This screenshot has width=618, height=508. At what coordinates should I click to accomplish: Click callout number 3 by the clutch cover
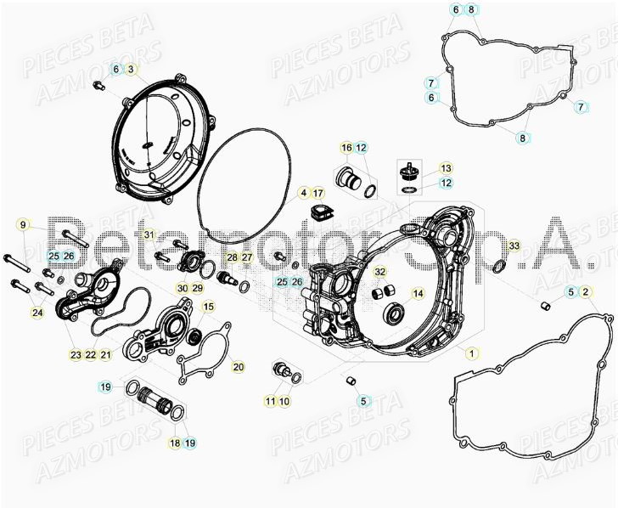click(132, 69)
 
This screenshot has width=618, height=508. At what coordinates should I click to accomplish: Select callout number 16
click(346, 149)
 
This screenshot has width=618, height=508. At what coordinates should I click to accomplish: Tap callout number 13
click(446, 168)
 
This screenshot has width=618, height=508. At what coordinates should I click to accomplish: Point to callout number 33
click(513, 246)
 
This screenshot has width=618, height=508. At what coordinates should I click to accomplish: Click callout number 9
click(24, 225)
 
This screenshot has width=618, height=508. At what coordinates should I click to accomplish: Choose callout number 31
click(148, 234)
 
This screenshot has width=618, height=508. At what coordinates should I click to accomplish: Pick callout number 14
click(418, 294)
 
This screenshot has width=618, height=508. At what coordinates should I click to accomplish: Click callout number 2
click(587, 292)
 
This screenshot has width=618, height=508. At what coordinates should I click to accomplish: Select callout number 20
click(238, 367)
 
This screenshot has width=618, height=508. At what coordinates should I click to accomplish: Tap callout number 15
click(209, 306)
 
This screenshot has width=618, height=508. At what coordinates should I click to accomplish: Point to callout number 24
click(37, 313)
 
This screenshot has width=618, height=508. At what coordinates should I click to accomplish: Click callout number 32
click(380, 272)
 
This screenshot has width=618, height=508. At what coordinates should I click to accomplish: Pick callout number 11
click(270, 401)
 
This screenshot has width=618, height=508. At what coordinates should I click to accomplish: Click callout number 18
click(175, 443)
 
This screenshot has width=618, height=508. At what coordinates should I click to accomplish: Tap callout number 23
click(76, 354)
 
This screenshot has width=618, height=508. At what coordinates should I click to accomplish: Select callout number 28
click(232, 257)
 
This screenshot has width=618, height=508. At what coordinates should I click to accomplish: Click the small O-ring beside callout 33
click(498, 268)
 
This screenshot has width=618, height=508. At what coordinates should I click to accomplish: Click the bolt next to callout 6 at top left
click(98, 84)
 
